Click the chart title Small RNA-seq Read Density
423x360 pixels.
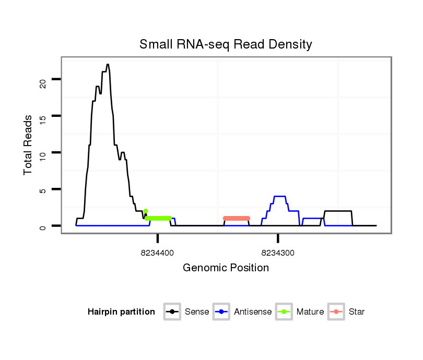pyautogui.click(x=226, y=44)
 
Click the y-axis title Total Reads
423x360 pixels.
pyautogui.click(x=28, y=145)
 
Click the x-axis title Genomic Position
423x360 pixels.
pyautogui.click(x=226, y=268)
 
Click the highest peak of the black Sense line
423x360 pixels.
pyautogui.click(x=108, y=65)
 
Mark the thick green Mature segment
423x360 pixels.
pyautogui.click(x=158, y=218)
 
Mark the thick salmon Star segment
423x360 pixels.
pyautogui.click(x=237, y=218)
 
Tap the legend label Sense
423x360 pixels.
pyautogui.click(x=197, y=312)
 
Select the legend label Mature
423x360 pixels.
pyautogui.click(x=310, y=312)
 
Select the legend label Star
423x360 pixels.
pyautogui.click(x=357, y=312)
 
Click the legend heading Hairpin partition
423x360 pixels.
pyautogui.click(x=121, y=312)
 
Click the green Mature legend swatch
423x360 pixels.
pyautogui.click(x=284, y=312)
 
